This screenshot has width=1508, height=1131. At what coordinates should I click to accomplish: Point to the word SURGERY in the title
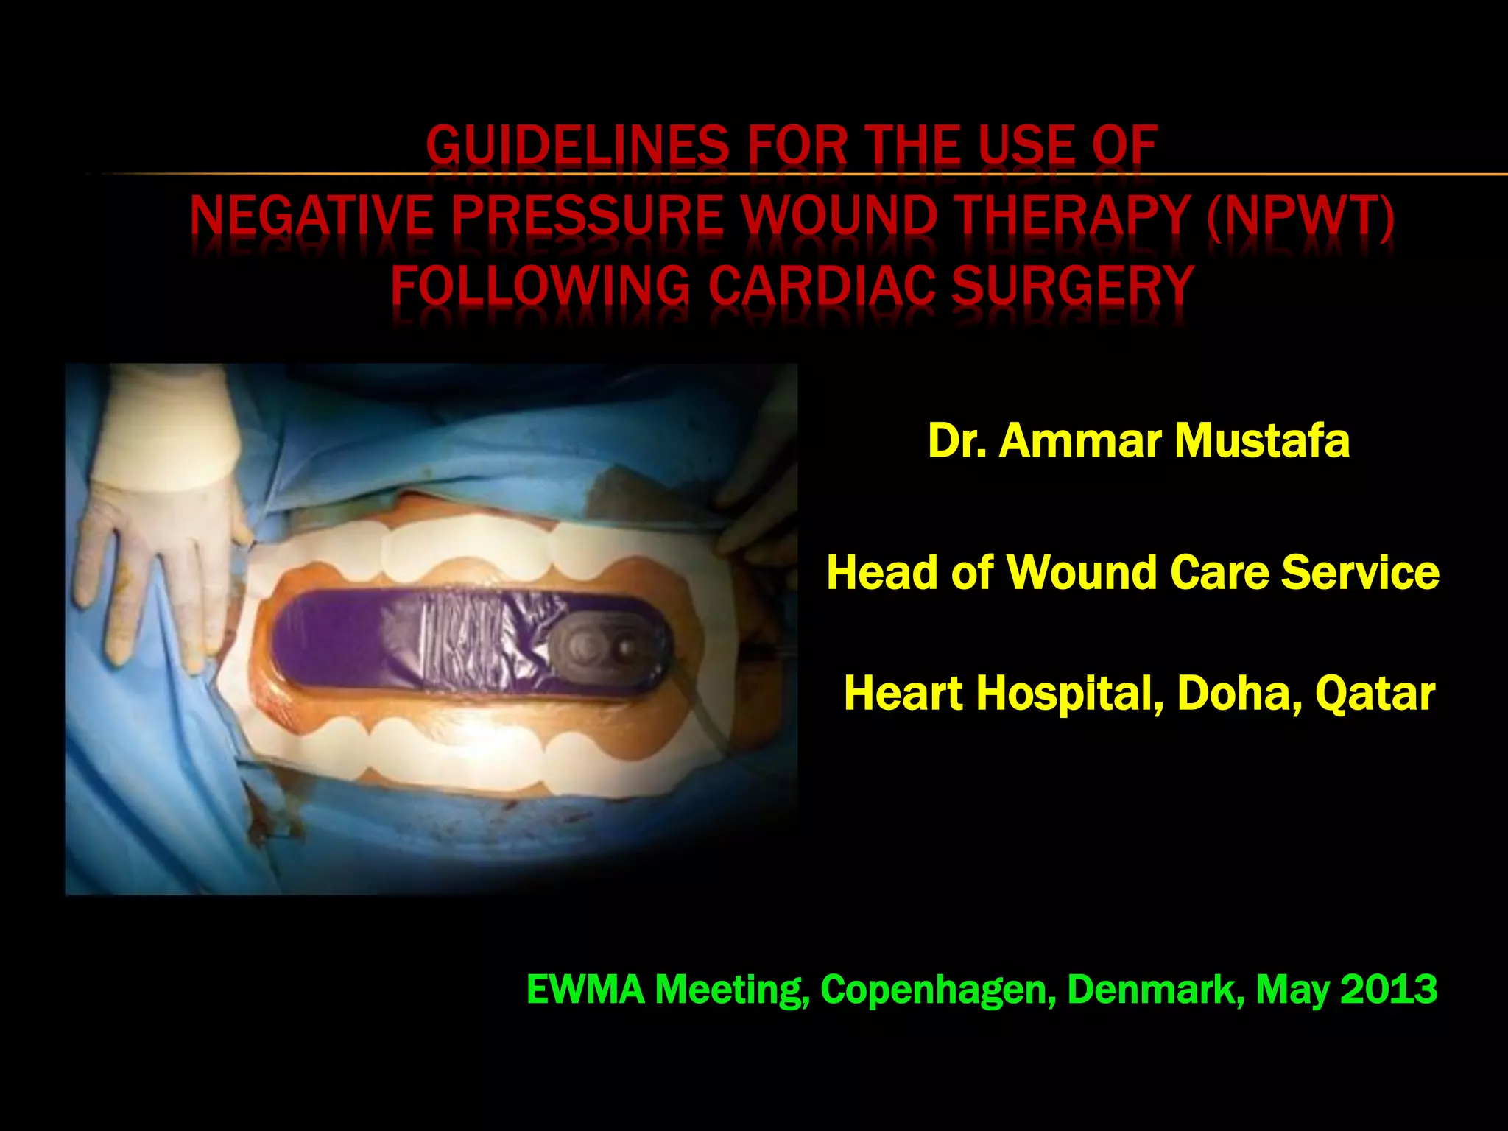pyautogui.click(x=1072, y=285)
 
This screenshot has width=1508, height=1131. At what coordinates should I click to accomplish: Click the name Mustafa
pyautogui.click(x=1262, y=441)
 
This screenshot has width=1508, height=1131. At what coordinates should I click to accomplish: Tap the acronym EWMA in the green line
pyautogui.click(x=585, y=989)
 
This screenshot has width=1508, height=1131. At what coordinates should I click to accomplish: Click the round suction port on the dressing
pyautogui.click(x=608, y=648)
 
